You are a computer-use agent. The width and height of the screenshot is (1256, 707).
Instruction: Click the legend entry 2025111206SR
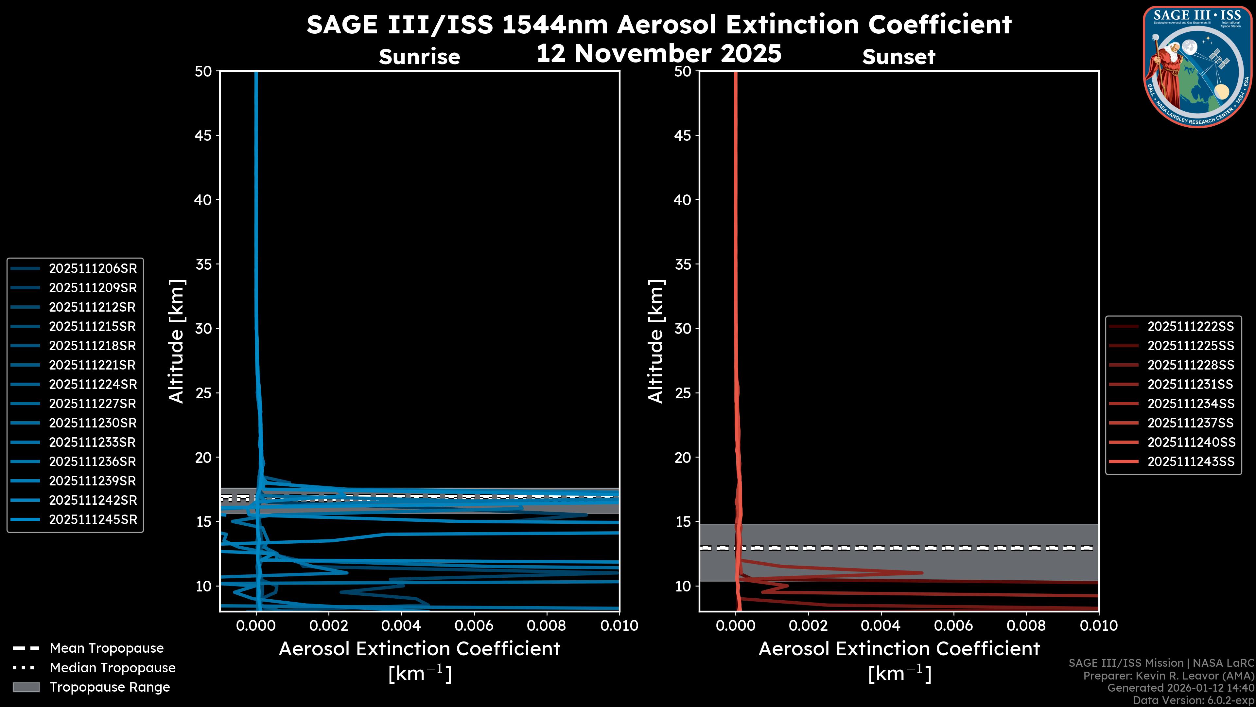(x=93, y=268)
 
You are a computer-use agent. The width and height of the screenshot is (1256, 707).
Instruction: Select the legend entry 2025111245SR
(x=93, y=520)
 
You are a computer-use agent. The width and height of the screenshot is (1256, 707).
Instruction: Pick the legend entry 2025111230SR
(x=93, y=423)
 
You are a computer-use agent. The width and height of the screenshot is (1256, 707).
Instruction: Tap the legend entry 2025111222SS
(x=1190, y=326)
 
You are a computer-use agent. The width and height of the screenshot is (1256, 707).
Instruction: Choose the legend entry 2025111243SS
(x=1190, y=462)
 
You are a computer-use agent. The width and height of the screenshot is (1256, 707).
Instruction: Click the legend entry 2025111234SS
(x=1190, y=404)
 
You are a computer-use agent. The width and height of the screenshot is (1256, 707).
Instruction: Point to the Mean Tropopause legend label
(x=107, y=648)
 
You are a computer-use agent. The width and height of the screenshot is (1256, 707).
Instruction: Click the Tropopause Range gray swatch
(x=26, y=687)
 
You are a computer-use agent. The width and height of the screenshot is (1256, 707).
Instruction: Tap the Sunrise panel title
(x=419, y=57)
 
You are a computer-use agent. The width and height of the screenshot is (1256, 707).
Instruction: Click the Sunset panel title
(x=898, y=57)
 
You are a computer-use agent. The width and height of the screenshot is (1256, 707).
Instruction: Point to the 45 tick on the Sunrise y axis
(x=203, y=136)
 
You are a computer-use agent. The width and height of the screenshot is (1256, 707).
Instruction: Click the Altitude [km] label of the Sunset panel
(x=656, y=341)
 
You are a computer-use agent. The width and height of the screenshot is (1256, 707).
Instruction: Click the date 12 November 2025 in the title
(x=659, y=54)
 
